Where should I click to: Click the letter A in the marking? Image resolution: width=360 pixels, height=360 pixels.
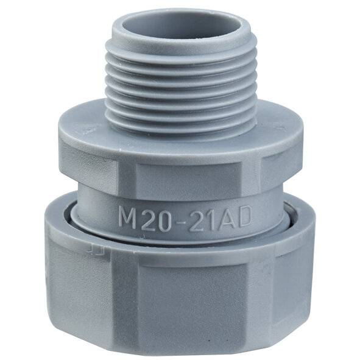(225, 216)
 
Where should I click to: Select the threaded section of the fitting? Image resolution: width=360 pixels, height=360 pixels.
(181, 85)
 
